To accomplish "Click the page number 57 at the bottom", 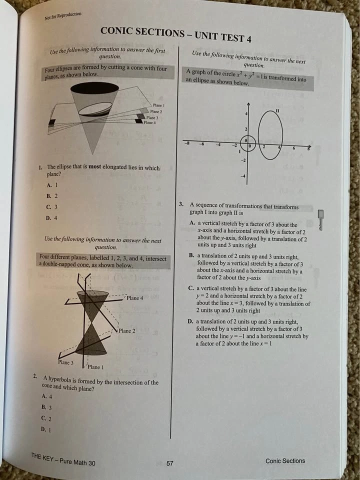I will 169,463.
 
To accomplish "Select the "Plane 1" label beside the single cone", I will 159,105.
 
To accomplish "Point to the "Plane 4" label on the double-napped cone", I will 135,298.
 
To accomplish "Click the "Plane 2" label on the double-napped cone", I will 127,330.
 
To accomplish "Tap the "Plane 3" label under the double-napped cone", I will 65,362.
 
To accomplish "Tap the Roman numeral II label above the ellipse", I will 276,110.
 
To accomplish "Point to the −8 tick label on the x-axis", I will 187,144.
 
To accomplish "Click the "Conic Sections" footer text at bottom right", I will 285,460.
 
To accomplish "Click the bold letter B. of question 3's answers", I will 191,255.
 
